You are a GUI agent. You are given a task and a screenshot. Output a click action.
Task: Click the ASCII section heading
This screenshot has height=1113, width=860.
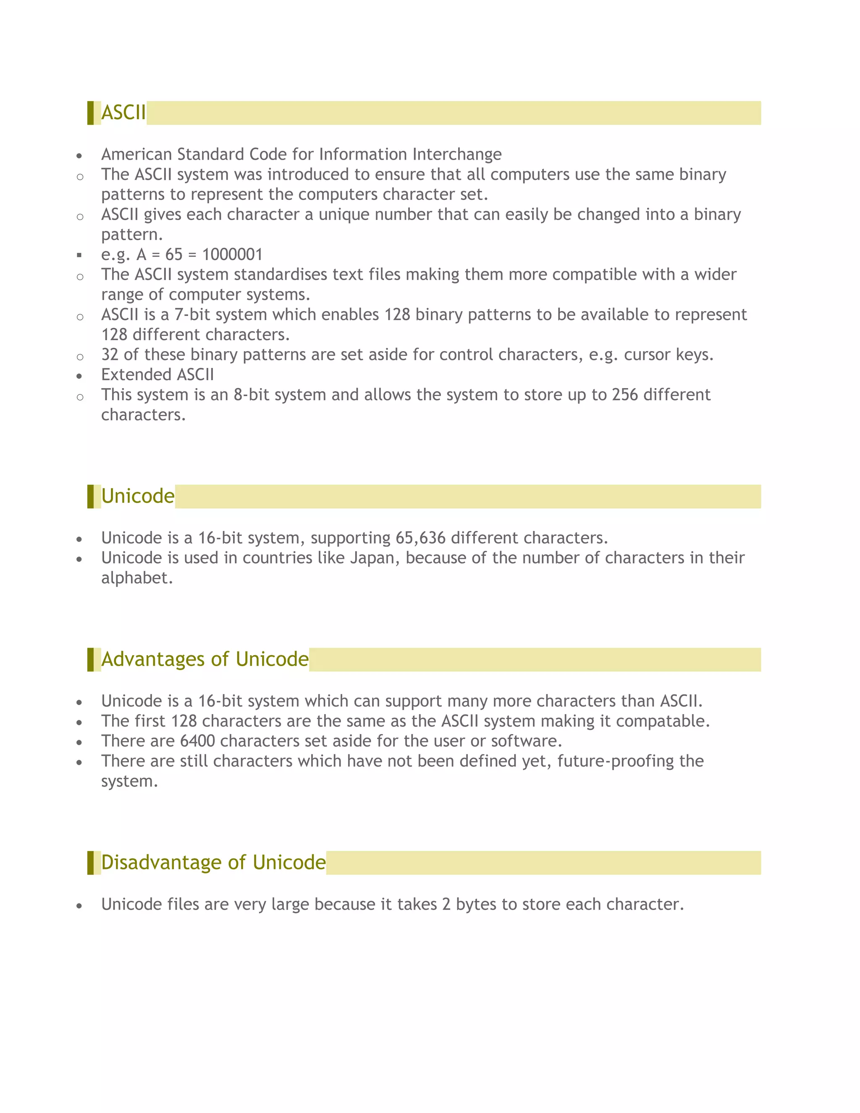(x=123, y=113)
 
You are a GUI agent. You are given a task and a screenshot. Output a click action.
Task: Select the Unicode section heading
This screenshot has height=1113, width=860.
(x=138, y=496)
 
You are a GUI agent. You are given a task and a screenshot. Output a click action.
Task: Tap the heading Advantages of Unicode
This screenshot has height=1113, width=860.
(x=205, y=659)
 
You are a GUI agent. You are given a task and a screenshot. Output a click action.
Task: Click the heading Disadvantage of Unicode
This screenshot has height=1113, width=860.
(x=213, y=862)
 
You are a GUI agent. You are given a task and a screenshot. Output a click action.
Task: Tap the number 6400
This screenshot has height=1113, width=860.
(x=197, y=741)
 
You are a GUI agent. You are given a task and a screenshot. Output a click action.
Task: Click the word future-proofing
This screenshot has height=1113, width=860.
(x=615, y=761)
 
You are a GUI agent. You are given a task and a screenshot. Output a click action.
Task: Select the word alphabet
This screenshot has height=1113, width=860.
(x=137, y=578)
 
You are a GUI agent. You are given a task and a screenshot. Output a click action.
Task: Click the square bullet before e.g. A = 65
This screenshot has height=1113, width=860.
(x=79, y=255)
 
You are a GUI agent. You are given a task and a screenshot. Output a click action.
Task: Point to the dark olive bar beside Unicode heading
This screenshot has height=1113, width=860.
(x=90, y=496)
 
